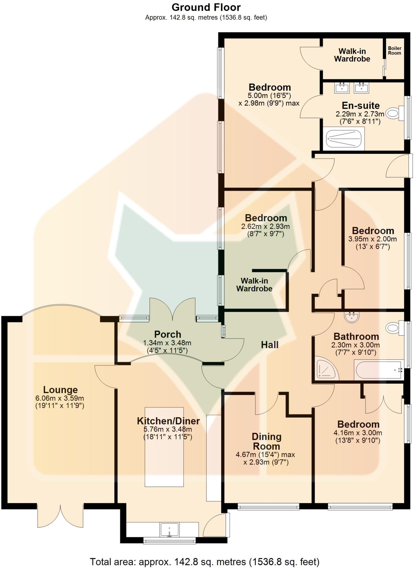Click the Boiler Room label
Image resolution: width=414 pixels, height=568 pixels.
[394, 50]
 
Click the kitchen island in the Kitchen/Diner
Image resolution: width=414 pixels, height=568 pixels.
[164, 447]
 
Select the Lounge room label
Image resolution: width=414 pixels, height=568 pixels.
[60, 390]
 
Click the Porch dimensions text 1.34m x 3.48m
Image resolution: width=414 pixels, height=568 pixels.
[167, 343]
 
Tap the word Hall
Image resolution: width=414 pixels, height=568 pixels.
[269, 345]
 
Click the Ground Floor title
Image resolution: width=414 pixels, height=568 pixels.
[206, 7]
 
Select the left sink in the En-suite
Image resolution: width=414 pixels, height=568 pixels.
[342, 88]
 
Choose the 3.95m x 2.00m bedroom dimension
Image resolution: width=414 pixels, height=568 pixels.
[372, 239]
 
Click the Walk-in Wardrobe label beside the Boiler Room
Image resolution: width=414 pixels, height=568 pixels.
[352, 55]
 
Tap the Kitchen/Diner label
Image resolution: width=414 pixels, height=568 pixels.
[168, 421]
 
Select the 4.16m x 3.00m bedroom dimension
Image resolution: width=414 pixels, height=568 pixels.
[358, 433]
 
